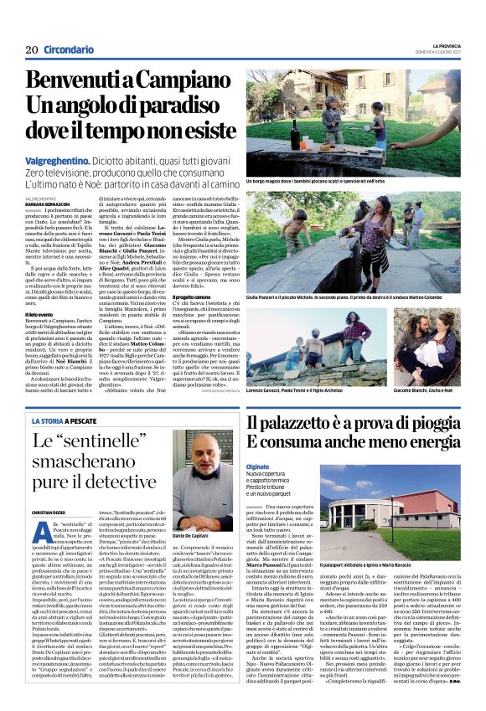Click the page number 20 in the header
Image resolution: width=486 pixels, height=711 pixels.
tap(31, 50)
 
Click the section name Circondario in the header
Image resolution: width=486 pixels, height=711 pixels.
tap(70, 50)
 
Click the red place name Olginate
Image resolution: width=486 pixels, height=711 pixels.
tap(259, 466)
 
